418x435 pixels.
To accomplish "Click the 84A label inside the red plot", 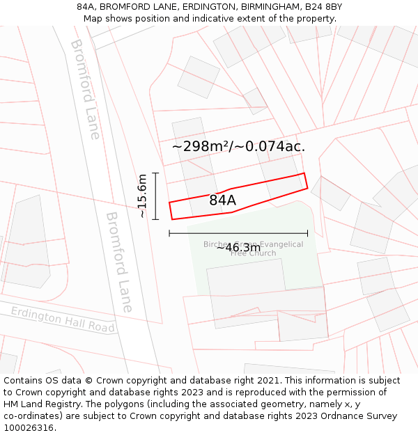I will pos(222,200).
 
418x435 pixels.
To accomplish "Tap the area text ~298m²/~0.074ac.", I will pos(238,146).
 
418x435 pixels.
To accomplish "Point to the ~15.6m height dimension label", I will pos(142,196).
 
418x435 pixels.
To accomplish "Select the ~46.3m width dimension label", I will pos(238,247).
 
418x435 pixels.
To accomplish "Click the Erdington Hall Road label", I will pos(63,319).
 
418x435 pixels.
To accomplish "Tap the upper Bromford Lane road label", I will pos(85,88).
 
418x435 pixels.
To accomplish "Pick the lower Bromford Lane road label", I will pos(118,262).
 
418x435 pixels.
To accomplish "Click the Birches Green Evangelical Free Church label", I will pos(253,248).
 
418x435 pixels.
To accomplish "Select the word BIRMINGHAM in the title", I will pos(268,6).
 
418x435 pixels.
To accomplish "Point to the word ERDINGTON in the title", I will pos(201,6).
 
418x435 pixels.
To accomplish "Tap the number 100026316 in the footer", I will pos(29,427).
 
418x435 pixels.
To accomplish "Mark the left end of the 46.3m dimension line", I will pos(169,233).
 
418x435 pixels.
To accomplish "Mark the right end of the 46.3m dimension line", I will pos(307,233).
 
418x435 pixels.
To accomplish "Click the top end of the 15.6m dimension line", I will pos(156,173).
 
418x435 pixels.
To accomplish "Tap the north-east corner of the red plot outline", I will pos(304,173).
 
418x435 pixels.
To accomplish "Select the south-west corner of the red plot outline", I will pos(172,219).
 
